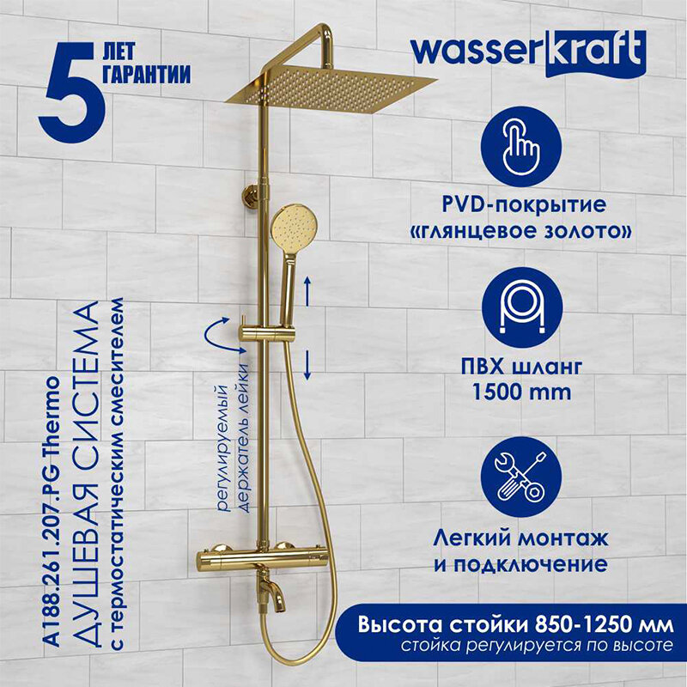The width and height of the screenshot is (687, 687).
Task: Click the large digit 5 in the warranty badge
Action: (x=72, y=93)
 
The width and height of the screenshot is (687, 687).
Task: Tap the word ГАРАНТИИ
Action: (x=146, y=74)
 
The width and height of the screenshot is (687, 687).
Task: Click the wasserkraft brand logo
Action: (x=528, y=52)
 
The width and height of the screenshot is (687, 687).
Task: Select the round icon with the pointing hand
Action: (x=520, y=147)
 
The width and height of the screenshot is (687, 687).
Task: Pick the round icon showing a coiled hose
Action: (x=522, y=308)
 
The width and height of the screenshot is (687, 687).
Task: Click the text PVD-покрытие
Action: (x=524, y=205)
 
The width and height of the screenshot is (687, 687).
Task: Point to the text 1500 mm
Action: (x=521, y=392)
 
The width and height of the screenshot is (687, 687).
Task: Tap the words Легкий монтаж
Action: (x=520, y=538)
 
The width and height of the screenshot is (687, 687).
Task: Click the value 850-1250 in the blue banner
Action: (x=599, y=624)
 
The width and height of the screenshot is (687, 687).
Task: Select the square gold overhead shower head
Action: (x=331, y=90)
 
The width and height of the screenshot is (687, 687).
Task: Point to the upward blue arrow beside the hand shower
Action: (x=307, y=291)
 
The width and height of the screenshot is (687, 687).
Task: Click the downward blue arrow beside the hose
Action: (x=307, y=364)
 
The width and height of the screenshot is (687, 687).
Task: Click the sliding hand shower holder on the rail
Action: (x=266, y=334)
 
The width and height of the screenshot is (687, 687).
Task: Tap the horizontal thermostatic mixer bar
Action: (x=261, y=560)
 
